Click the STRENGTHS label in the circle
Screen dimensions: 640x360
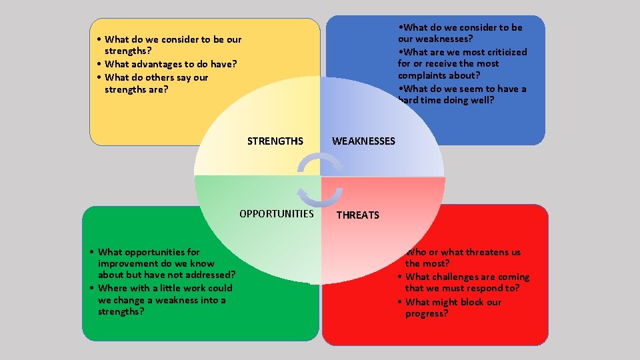[x=275, y=141]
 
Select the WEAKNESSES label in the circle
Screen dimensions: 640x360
[x=363, y=141]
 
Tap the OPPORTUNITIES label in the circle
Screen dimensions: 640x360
[x=276, y=214]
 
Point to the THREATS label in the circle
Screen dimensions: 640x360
[x=357, y=215]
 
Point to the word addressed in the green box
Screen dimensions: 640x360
[x=210, y=275]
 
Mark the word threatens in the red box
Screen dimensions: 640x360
[x=488, y=252]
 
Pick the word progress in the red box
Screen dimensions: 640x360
[x=425, y=313]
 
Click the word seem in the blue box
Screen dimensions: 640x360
[x=473, y=89]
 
